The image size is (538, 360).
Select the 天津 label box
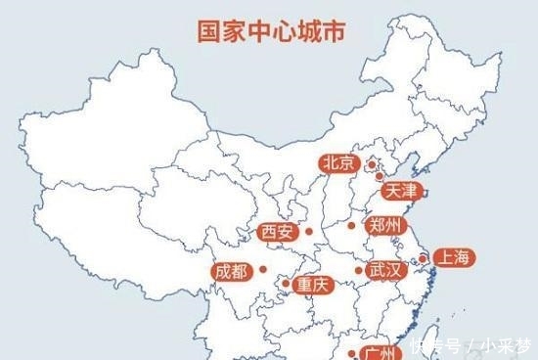pyautogui.click(x=401, y=191)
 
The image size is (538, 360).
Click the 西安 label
pyautogui.click(x=277, y=232)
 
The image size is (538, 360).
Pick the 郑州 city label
pyautogui.click(x=382, y=225)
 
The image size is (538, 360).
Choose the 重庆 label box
pyautogui.click(x=315, y=285)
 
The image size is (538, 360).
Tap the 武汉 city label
pyautogui.click(x=382, y=271)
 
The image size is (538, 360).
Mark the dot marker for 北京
pyautogui.click(x=371, y=163)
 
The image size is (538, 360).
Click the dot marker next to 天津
pyautogui.click(x=379, y=177)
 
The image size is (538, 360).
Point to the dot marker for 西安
pyautogui.click(x=309, y=232)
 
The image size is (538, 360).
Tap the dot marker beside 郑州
pyautogui.click(x=352, y=226)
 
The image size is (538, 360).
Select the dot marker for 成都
pyautogui.click(x=261, y=271)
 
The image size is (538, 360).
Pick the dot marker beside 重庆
pyautogui.click(x=286, y=285)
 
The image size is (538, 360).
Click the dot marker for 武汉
pyautogui.click(x=358, y=270)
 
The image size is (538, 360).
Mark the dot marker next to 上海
pyautogui.click(x=423, y=259)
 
